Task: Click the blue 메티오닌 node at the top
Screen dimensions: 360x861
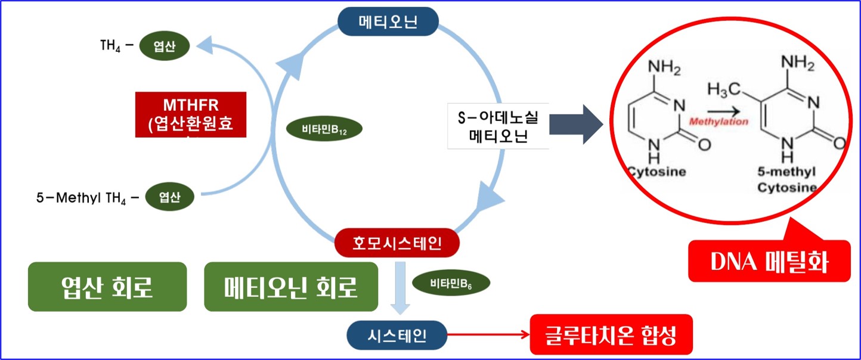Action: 388,22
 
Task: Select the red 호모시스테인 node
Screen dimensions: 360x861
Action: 397,243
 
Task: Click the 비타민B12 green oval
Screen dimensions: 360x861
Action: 324,128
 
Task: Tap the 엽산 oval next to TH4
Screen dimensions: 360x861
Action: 165,46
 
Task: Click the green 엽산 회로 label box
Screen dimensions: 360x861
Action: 107,287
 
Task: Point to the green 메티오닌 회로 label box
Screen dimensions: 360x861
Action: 291,287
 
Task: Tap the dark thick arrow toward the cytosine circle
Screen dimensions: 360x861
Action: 576,125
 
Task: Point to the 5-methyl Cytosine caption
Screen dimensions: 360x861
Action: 787,179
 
